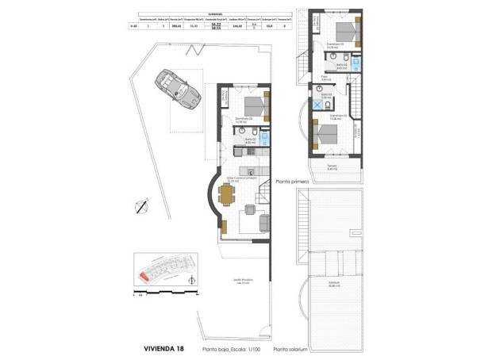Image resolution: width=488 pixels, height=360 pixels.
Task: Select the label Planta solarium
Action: point(290,349)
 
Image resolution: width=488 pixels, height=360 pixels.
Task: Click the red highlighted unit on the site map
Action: point(144,276)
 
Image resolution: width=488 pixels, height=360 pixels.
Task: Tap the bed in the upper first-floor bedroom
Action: point(348,31)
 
